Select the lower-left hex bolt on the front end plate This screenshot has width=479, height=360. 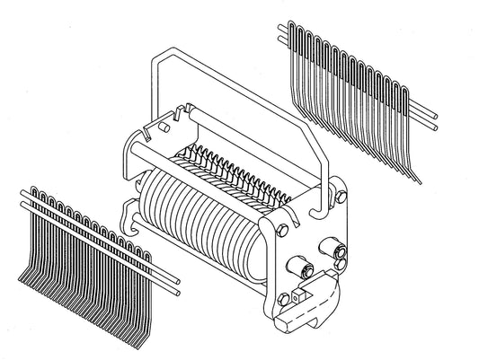285,298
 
